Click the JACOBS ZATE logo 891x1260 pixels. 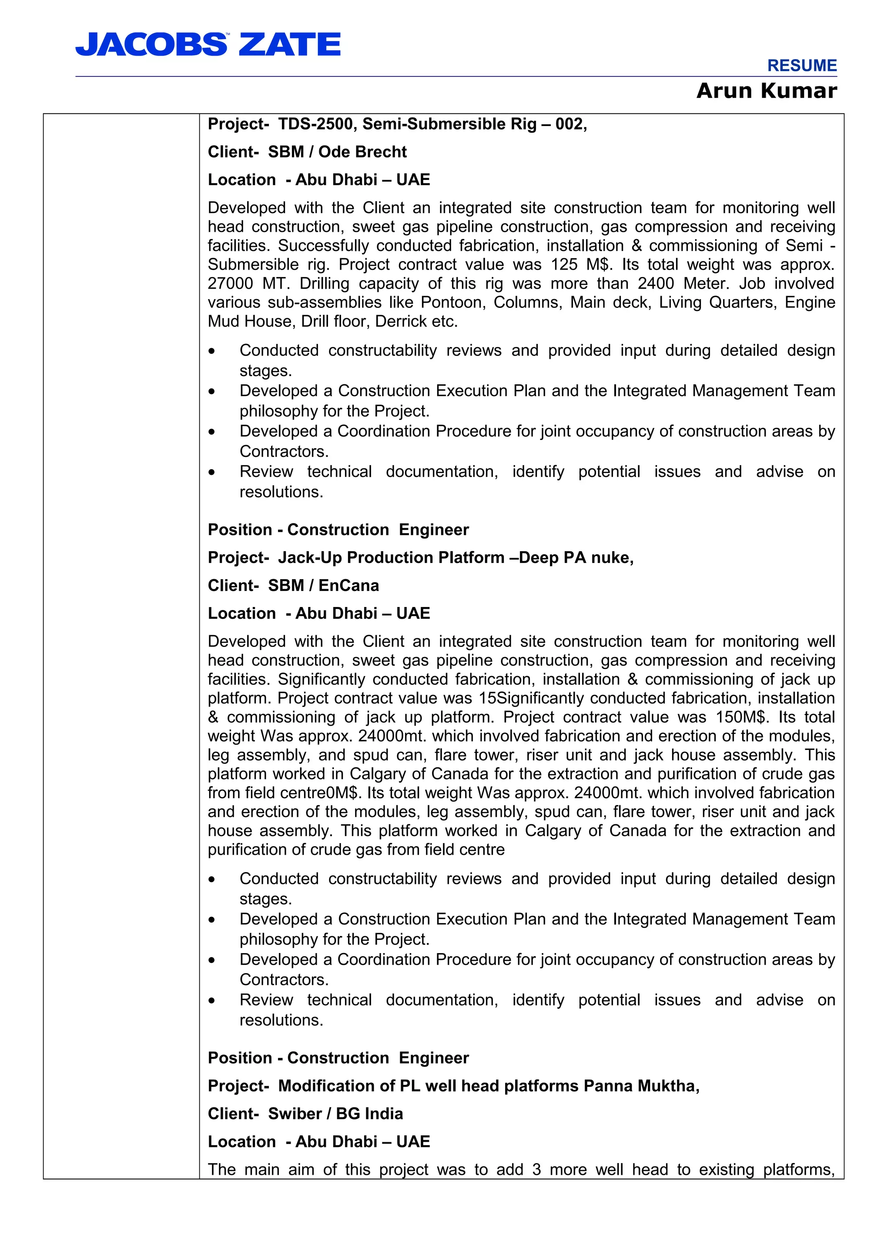click(208, 44)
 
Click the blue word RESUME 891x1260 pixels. click(801, 66)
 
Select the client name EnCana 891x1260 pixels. click(348, 586)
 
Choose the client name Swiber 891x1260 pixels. click(295, 1113)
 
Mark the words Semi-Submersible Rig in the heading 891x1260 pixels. click(449, 124)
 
